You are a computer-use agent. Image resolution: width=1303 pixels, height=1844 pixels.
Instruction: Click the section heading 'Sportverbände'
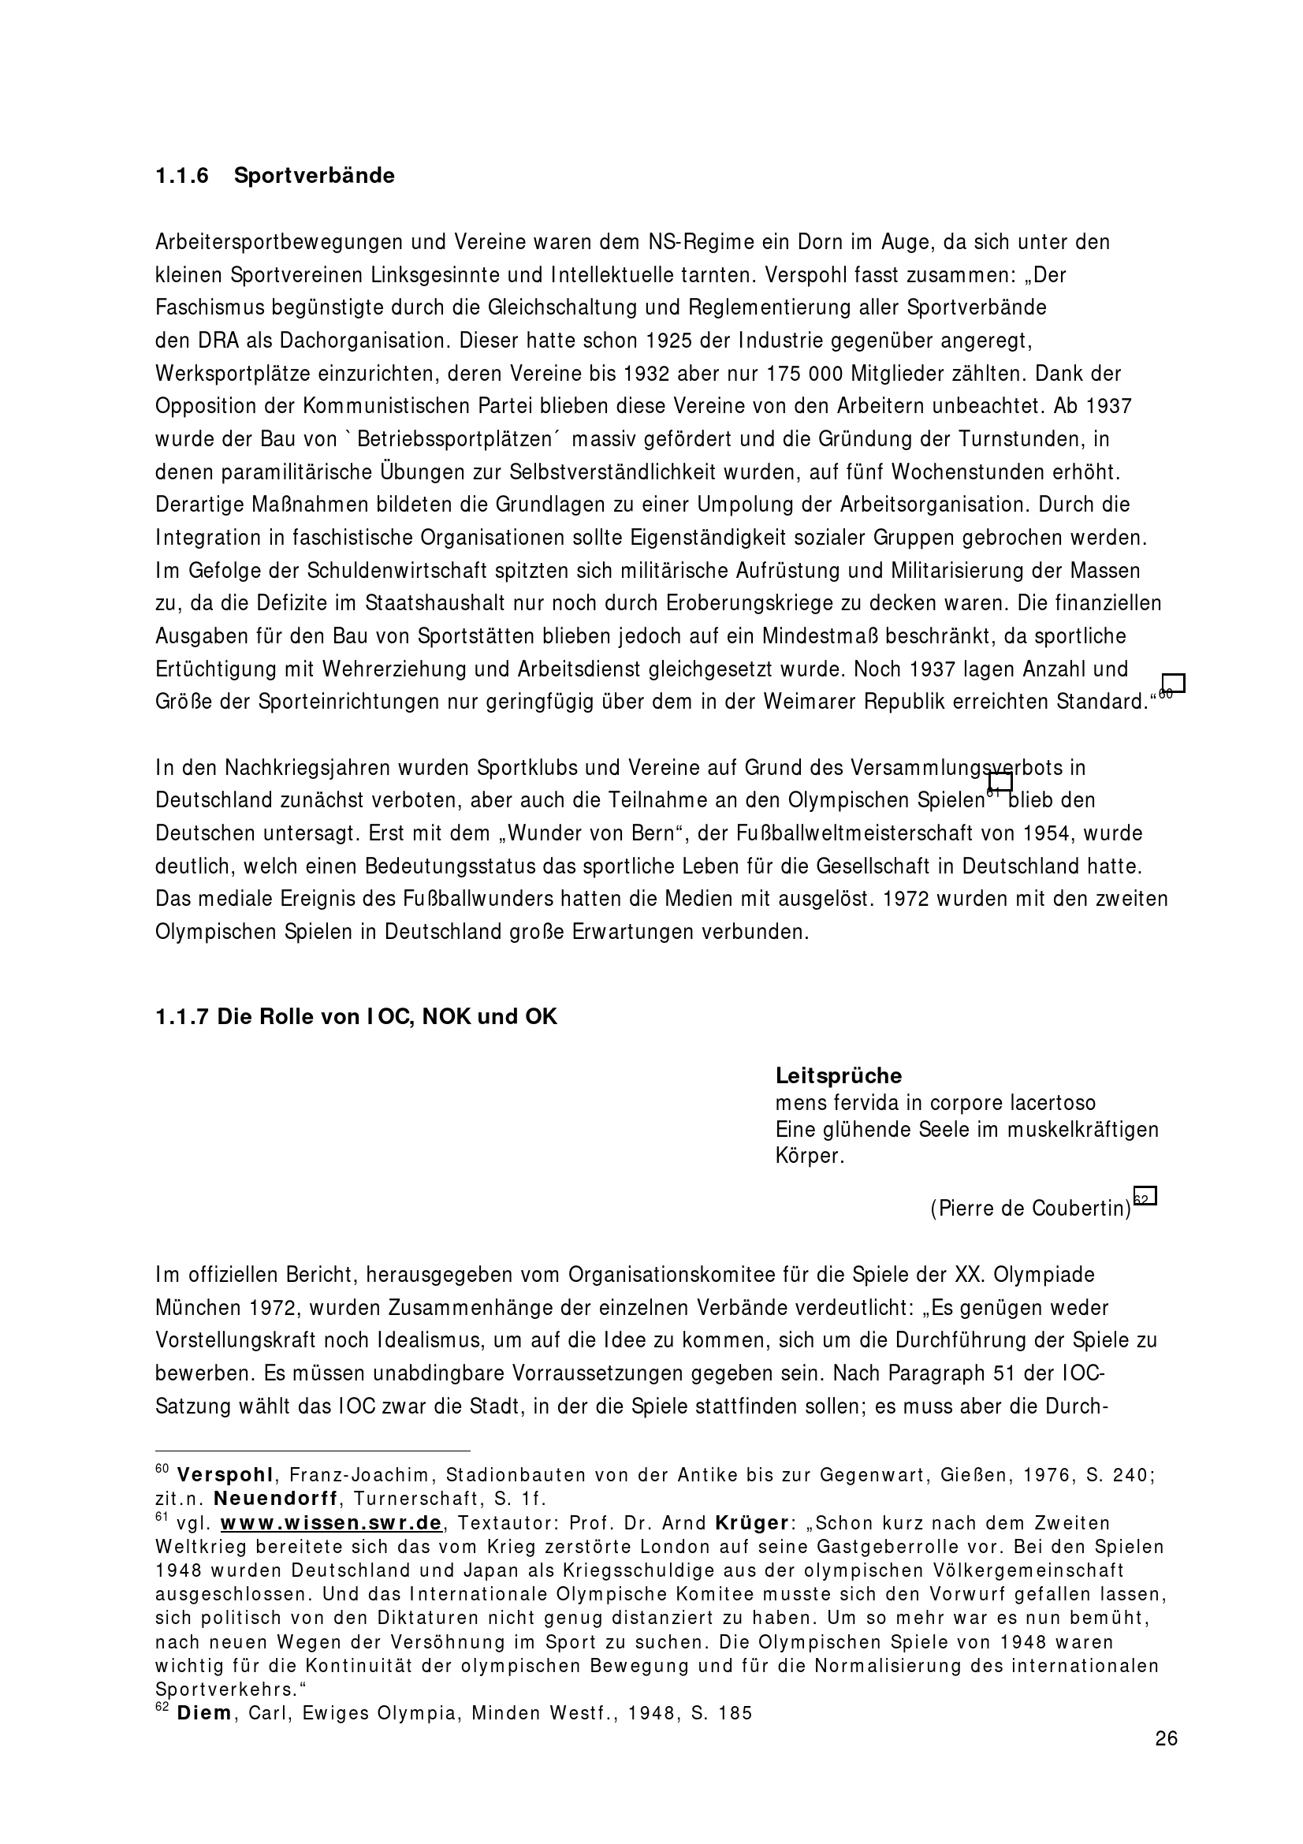[x=314, y=176]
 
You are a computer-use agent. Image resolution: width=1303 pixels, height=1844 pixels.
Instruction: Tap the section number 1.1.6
[x=182, y=176]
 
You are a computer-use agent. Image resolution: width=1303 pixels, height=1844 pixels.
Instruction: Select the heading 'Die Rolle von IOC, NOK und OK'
[x=356, y=1017]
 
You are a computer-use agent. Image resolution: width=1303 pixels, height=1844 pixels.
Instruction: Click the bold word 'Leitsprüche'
[x=838, y=1075]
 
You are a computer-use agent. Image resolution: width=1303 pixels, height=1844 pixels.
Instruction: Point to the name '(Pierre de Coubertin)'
[x=1030, y=1208]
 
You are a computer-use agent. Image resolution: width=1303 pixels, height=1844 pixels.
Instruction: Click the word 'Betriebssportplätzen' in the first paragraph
[x=455, y=440]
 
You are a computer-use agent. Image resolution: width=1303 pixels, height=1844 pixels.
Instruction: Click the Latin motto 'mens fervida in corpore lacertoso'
[x=936, y=1104]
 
